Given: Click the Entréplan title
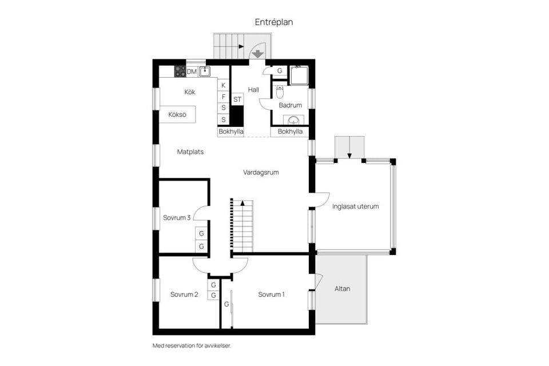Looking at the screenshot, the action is pyautogui.click(x=274, y=22).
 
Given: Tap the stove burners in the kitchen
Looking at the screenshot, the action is pyautogui.click(x=180, y=71).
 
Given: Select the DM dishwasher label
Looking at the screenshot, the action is pyautogui.click(x=192, y=72).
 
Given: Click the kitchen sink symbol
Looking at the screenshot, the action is pyautogui.click(x=205, y=71).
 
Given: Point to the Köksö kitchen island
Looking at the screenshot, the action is pyautogui.click(x=177, y=114).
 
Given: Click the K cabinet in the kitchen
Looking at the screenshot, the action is pyautogui.click(x=224, y=85).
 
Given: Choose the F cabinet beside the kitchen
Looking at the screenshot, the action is pyautogui.click(x=224, y=97).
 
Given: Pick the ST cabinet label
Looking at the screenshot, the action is pyautogui.click(x=237, y=100).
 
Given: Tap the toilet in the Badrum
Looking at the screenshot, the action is pyautogui.click(x=280, y=91).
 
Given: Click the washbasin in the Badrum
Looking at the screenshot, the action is pyautogui.click(x=293, y=120).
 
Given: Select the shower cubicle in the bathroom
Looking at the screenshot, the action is pyautogui.click(x=299, y=75).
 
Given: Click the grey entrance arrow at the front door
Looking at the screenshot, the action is pyautogui.click(x=258, y=54).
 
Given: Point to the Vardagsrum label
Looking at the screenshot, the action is pyautogui.click(x=261, y=172).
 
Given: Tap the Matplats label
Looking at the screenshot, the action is pyautogui.click(x=190, y=152).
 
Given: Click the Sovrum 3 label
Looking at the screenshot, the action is pyautogui.click(x=177, y=218).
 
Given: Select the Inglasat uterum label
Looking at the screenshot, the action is pyautogui.click(x=355, y=206).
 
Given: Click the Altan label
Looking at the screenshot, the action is pyautogui.click(x=342, y=289).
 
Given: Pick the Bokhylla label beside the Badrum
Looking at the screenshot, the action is pyautogui.click(x=290, y=132).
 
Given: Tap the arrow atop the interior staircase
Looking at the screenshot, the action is pyautogui.click(x=242, y=202).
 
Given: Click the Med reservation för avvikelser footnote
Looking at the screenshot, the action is pyautogui.click(x=192, y=345).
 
